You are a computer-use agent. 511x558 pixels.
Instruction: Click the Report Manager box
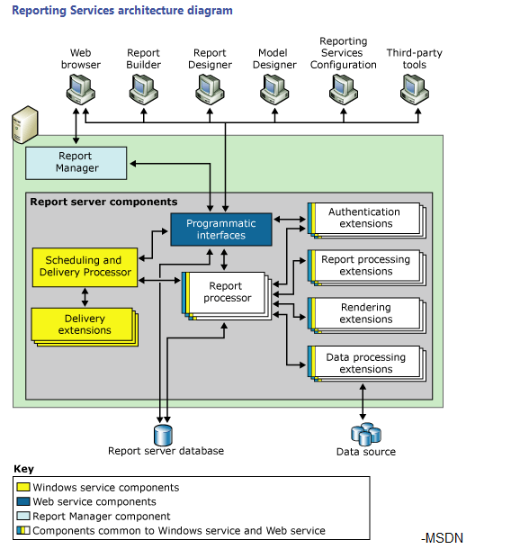pyautogui.click(x=76, y=162)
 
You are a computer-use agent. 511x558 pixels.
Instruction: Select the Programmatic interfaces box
pyautogui.click(x=220, y=229)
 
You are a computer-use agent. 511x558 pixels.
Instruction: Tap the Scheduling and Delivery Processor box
pyautogui.click(x=85, y=266)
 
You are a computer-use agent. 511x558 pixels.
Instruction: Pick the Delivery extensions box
pyautogui.click(x=83, y=325)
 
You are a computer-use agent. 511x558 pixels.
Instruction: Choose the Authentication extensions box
pyautogui.click(x=365, y=218)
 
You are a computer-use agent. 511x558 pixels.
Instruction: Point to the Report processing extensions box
pyautogui.click(x=365, y=265)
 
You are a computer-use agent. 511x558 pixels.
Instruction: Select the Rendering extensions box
pyautogui.click(x=365, y=313)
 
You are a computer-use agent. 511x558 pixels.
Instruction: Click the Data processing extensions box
pyautogui.click(x=365, y=363)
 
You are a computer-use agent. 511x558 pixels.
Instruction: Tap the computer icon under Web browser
pyautogui.click(x=81, y=88)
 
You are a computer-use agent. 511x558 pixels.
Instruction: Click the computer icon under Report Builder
pyautogui.click(x=143, y=88)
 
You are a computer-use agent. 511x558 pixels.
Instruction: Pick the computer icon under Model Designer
pyautogui.click(x=273, y=88)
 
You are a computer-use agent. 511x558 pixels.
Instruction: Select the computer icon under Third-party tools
pyautogui.click(x=413, y=88)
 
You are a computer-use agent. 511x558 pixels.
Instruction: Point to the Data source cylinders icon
pyautogui.click(x=365, y=433)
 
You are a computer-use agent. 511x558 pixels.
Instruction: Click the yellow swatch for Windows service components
pyautogui.click(x=23, y=488)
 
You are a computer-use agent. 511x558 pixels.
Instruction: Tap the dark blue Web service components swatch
pyautogui.click(x=23, y=502)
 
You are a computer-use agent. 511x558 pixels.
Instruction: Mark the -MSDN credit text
pyautogui.click(x=441, y=538)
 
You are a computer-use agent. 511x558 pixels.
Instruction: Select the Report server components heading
pyautogui.click(x=103, y=202)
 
